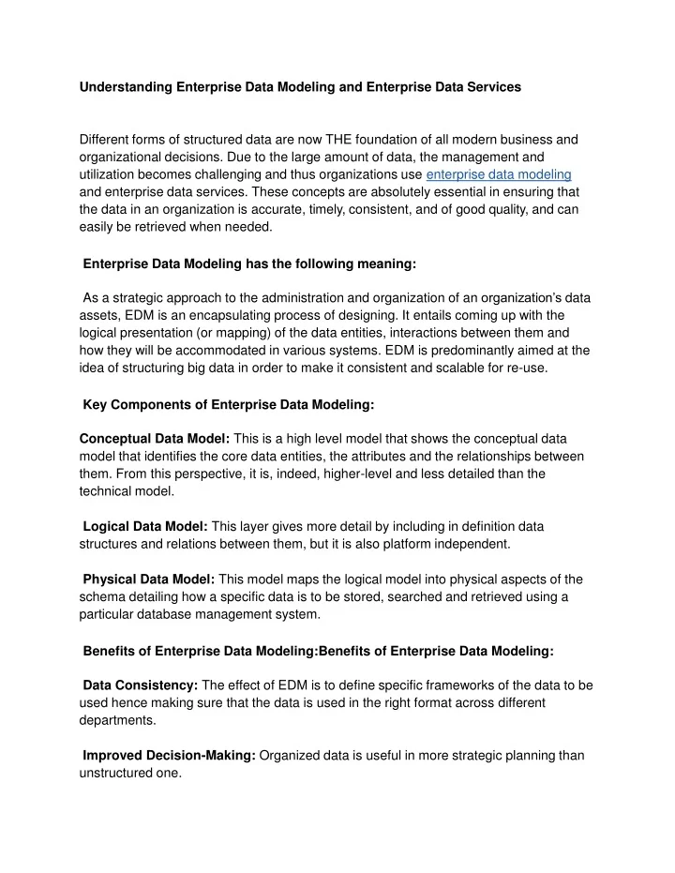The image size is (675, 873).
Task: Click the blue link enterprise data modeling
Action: (499, 174)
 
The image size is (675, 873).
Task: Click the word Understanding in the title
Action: (127, 86)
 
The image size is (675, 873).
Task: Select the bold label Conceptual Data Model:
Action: (155, 438)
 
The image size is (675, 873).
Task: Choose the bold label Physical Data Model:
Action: (149, 579)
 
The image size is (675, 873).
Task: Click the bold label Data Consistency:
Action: (140, 685)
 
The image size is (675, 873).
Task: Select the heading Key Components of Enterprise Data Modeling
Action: (229, 404)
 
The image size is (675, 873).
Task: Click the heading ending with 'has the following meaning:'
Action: (249, 264)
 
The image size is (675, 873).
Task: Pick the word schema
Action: (102, 597)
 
